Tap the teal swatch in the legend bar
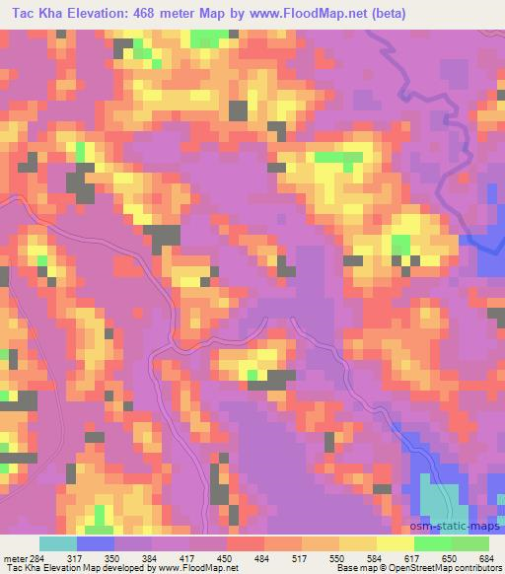(58, 543)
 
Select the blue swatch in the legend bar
(96, 543)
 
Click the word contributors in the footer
(477, 569)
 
